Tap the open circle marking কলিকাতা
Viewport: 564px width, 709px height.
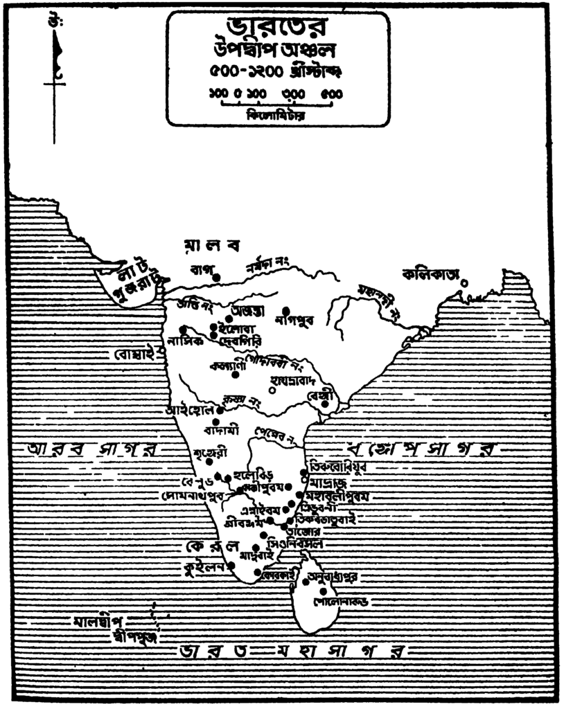click(464, 282)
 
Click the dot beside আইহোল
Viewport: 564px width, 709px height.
click(220, 410)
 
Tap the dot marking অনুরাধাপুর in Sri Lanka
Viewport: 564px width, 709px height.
click(307, 582)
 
